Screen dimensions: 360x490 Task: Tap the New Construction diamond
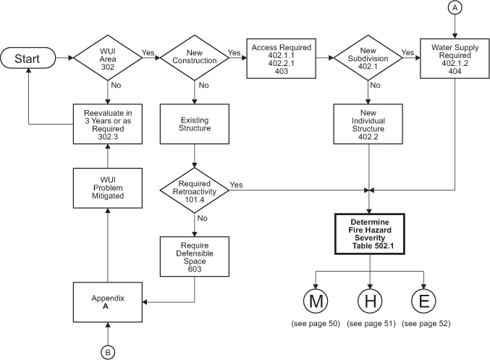coord(193,57)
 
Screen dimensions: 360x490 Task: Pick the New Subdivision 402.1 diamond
coord(370,57)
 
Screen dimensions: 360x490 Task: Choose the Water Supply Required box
coord(455,56)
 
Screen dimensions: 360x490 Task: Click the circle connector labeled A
coord(455,8)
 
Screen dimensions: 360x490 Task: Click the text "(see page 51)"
coord(370,323)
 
